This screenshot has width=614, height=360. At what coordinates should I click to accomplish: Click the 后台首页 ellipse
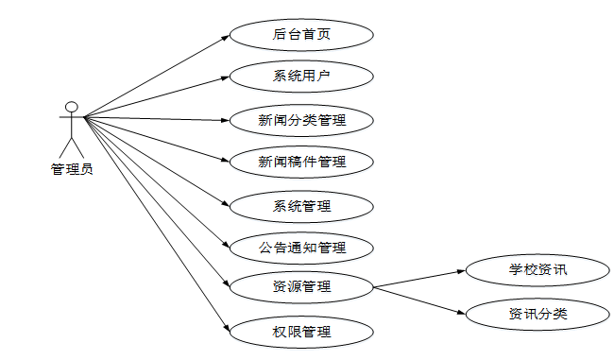301,36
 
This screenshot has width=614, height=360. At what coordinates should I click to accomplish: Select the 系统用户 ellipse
301,77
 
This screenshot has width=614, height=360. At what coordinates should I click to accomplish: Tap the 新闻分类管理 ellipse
301,120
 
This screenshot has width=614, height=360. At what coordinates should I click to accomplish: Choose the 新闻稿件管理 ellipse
301,162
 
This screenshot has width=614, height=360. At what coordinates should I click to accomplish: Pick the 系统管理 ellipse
301,205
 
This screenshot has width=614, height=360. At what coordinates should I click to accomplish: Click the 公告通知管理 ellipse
301,249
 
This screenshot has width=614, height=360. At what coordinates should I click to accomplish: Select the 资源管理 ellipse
301,286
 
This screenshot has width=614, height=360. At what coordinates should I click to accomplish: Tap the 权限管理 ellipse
301,332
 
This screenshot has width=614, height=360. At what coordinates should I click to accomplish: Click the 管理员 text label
71,170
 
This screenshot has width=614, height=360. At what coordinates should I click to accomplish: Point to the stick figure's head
71,105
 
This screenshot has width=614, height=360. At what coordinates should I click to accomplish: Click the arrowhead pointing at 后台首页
226,38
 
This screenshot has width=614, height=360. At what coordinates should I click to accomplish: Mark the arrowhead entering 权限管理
227,329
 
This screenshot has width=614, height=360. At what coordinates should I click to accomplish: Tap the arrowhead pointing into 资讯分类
463,311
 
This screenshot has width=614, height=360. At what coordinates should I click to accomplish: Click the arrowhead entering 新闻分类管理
226,120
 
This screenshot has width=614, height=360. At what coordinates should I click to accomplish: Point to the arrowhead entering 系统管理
227,203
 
